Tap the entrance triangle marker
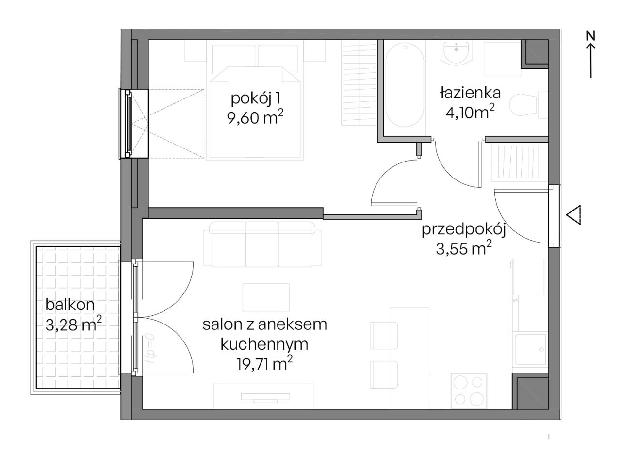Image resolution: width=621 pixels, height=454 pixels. click(x=574, y=214)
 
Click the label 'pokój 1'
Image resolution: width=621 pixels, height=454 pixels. click(x=255, y=98)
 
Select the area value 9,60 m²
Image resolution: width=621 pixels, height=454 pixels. click(x=255, y=117)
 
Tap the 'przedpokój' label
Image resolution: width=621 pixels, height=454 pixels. click(x=464, y=229)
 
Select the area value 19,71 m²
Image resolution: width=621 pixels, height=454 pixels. click(x=264, y=363)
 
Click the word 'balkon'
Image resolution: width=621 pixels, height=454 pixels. click(x=70, y=305)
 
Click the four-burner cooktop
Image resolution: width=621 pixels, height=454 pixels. click(x=469, y=390)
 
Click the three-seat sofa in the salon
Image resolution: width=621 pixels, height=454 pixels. click(x=262, y=244)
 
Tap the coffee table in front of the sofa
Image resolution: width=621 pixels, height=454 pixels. click(x=266, y=297)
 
